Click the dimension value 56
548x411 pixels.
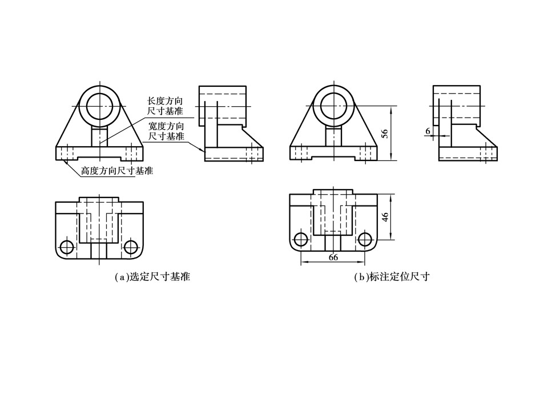(385, 134)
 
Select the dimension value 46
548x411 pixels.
(385, 217)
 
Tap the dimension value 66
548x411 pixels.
(333, 257)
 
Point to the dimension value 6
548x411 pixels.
(428, 131)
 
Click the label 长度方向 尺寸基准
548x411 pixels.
(166, 105)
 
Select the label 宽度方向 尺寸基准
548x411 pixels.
(166, 131)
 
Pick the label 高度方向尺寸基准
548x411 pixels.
(116, 171)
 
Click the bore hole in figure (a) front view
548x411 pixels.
(99, 106)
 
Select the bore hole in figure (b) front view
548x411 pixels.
(334, 106)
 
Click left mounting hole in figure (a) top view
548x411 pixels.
(67, 247)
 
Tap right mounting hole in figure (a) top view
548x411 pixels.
(131, 247)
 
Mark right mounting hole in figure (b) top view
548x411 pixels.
(365, 239)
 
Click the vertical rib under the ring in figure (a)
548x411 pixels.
(99, 137)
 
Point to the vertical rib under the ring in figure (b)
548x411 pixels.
(334, 137)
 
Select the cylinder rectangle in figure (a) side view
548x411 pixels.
(223, 106)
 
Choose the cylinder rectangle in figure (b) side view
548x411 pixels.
(457, 106)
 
